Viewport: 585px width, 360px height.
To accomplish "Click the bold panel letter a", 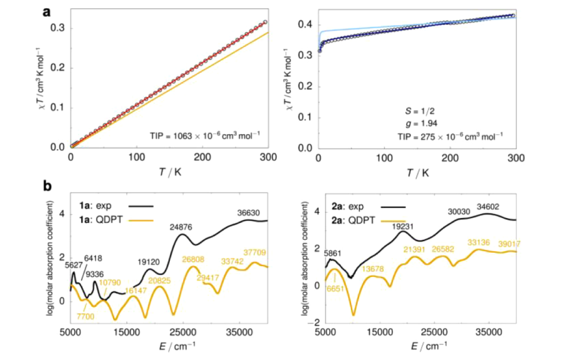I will [47, 11].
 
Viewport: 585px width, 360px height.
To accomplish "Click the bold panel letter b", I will [48, 188].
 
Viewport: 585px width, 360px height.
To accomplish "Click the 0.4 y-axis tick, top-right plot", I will [305, 24].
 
